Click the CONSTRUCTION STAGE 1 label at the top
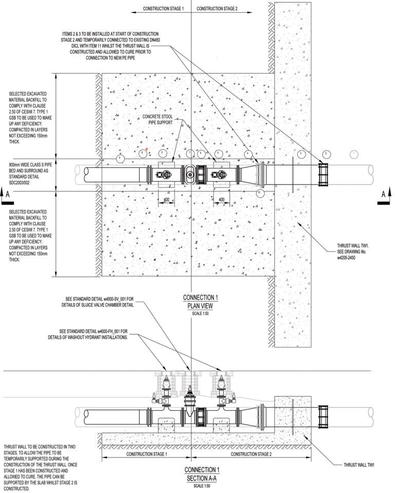[x=163, y=9]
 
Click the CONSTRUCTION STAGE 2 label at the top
[x=217, y=9]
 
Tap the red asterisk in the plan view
[x=147, y=149]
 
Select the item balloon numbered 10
[x=259, y=193]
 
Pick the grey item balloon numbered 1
[x=353, y=154]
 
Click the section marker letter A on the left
[x=7, y=194]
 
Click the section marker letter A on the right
[x=384, y=194]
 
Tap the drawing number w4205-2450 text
[x=350, y=259]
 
